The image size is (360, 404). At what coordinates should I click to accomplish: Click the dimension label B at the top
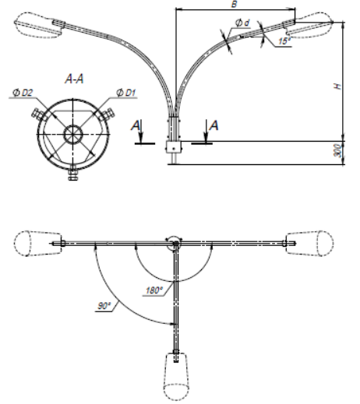(234, 4)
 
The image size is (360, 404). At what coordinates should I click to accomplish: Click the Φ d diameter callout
(242, 23)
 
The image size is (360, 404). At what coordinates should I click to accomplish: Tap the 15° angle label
(284, 41)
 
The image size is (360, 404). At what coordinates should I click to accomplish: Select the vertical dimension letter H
(337, 86)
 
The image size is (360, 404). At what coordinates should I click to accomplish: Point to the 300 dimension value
(337, 150)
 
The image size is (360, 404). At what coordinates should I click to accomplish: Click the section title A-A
(75, 79)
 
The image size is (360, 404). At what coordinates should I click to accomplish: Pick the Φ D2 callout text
(23, 93)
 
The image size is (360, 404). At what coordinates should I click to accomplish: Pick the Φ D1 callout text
(125, 93)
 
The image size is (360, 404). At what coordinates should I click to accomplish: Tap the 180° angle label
(154, 290)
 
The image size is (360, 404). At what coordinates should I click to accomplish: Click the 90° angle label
(104, 306)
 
